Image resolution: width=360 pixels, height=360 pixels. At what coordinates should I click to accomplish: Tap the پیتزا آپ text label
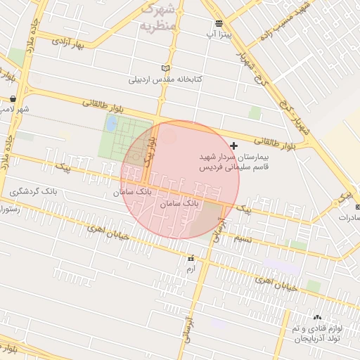click(219, 33)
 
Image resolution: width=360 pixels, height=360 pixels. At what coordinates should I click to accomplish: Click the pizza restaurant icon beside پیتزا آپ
click(219, 22)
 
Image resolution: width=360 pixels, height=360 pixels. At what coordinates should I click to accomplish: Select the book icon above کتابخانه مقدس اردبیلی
click(165, 69)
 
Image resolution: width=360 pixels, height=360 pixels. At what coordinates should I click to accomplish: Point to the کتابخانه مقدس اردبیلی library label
click(165, 79)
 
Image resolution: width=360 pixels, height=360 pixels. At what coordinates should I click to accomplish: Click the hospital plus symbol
click(234, 145)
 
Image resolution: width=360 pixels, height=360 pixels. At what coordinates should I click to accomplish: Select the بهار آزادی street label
click(72, 44)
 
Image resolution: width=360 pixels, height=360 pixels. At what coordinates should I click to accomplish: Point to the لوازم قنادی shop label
click(316, 333)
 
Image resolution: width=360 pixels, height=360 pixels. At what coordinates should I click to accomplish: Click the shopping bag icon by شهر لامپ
click(13, 99)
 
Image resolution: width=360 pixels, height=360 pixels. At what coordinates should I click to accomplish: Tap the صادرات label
click(347, 217)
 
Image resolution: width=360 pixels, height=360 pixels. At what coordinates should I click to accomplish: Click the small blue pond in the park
click(111, 124)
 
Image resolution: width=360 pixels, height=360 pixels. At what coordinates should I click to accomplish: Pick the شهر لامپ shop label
click(13, 110)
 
